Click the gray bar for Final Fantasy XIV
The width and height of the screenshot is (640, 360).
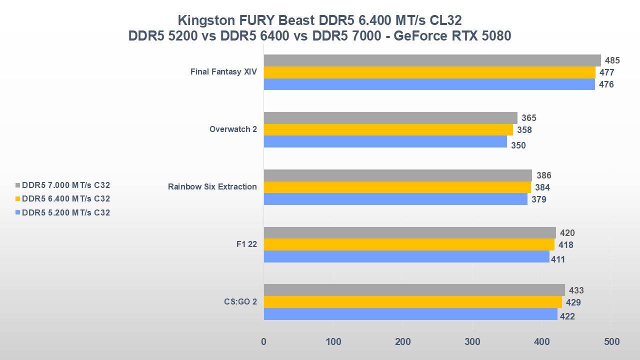tap(432, 60)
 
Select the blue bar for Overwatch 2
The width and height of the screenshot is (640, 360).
tap(385, 141)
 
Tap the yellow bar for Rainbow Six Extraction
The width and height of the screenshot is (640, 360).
tap(397, 187)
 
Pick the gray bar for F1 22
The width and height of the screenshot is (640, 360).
tap(409, 232)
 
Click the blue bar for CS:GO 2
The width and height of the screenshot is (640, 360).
tap(410, 314)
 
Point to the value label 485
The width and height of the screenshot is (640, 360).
tap(612, 60)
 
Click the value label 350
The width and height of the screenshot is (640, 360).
tap(518, 146)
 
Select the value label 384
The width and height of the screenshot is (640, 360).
tap(542, 187)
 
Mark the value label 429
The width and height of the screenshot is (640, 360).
tap(573, 302)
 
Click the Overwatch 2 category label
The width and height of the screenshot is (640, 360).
tap(233, 129)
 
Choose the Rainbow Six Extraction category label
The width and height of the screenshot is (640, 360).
tap(212, 187)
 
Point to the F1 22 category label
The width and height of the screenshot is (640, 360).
tap(246, 244)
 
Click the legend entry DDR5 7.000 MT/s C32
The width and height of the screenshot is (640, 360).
tap(66, 185)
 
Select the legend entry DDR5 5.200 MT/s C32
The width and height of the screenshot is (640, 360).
tap(66, 212)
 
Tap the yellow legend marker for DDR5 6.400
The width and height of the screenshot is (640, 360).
tap(18, 199)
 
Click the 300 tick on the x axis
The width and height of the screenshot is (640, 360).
tap(472, 342)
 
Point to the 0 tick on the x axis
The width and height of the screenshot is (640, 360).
tap(263, 342)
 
